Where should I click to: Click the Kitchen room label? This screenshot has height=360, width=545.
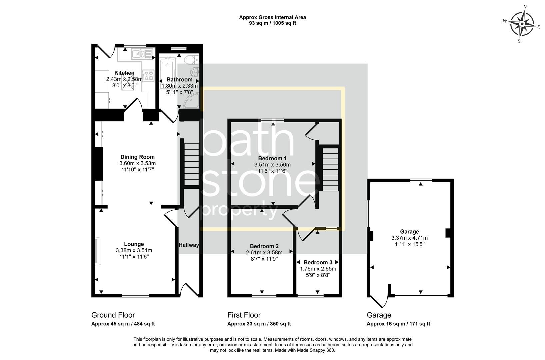click(x=124, y=73)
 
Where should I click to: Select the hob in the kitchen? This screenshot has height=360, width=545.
click(x=148, y=76)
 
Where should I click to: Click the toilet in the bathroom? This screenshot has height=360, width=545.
click(x=191, y=60)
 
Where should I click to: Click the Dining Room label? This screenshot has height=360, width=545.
click(x=137, y=157)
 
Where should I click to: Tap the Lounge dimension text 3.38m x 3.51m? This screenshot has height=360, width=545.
click(x=134, y=250)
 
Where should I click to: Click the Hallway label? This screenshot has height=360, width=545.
click(x=189, y=245)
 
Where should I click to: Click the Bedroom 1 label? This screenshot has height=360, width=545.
click(x=272, y=158)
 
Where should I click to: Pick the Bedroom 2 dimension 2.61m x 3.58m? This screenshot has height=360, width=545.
click(x=264, y=252)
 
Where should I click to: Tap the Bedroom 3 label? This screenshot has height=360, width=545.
click(x=318, y=262)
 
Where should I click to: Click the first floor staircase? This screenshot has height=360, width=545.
click(x=330, y=169)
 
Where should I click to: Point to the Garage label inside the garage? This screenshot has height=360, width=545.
click(x=409, y=232)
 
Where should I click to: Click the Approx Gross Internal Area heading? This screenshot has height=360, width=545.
click(x=272, y=17)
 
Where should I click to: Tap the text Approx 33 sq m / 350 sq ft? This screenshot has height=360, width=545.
click(x=259, y=324)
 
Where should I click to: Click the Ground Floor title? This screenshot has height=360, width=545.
click(x=113, y=315)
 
